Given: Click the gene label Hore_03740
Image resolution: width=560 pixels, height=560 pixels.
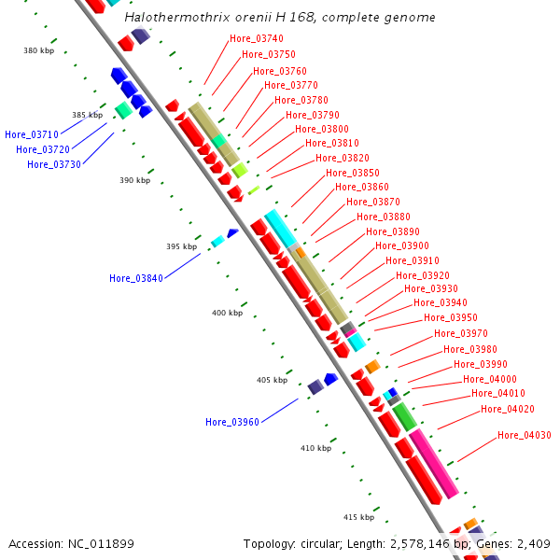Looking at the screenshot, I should (x=256, y=38).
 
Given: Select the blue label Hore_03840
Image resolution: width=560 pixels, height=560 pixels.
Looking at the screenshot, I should (x=135, y=278).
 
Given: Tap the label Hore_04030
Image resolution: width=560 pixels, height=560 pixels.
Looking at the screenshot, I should (x=524, y=435).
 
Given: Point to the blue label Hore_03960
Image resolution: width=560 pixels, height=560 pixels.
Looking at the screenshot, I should (x=231, y=422).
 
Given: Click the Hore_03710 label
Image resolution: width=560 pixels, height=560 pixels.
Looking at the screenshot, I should (x=31, y=134).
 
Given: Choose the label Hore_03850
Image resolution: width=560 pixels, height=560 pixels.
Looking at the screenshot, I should (x=352, y=173).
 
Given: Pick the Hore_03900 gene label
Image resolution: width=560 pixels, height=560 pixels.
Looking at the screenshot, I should (x=401, y=245).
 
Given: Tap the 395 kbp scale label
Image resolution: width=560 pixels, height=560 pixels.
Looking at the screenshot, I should (x=182, y=246).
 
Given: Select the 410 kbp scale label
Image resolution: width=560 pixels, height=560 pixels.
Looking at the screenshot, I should (x=315, y=448).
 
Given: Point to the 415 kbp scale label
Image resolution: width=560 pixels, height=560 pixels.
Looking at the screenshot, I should (x=358, y=517).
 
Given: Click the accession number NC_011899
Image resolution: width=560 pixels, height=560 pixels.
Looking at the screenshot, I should (x=71, y=544).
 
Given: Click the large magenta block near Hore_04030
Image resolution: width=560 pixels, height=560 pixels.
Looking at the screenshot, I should (x=434, y=463).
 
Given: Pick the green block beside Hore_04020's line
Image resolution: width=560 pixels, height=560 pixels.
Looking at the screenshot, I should (x=404, y=416).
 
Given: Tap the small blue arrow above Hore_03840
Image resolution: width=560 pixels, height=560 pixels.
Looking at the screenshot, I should (x=233, y=232).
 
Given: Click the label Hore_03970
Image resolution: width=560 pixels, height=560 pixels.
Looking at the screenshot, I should (x=460, y=333).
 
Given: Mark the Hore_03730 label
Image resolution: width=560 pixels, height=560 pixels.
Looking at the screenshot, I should (x=53, y=164).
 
